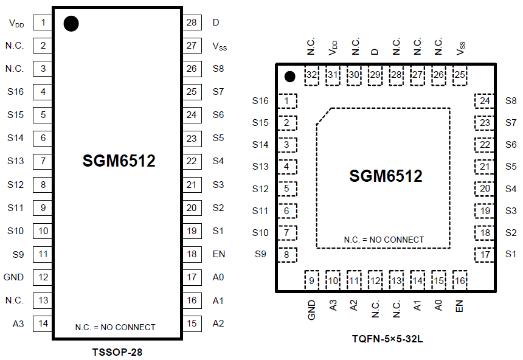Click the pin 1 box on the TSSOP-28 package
pyautogui.click(x=43, y=23)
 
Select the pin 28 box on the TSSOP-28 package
pyautogui.click(x=192, y=23)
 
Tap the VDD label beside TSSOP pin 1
pyautogui.click(x=16, y=24)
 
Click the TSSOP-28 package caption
pyautogui.click(x=117, y=351)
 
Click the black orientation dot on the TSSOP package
pyautogui.click(x=71, y=24)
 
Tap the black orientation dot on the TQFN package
pyautogui.click(x=290, y=77)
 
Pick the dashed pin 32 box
pyautogui.click(x=312, y=75)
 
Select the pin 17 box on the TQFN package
pyautogui.click(x=485, y=255)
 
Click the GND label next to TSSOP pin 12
pyautogui.click(x=13, y=277)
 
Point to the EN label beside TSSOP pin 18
pyautogui.click(x=219, y=254)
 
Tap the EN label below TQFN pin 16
pyautogui.click(x=460, y=305)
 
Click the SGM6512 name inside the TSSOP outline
pyautogui.click(x=119, y=161)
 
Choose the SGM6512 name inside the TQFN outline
pyautogui.click(x=386, y=176)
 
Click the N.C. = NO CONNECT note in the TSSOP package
pyautogui.click(x=115, y=327)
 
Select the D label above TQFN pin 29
pyautogui.click(x=375, y=52)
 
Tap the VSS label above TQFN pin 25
pyautogui.click(x=460, y=49)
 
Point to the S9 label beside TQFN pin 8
pyautogui.click(x=260, y=254)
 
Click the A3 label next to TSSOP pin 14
pyautogui.click(x=18, y=324)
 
